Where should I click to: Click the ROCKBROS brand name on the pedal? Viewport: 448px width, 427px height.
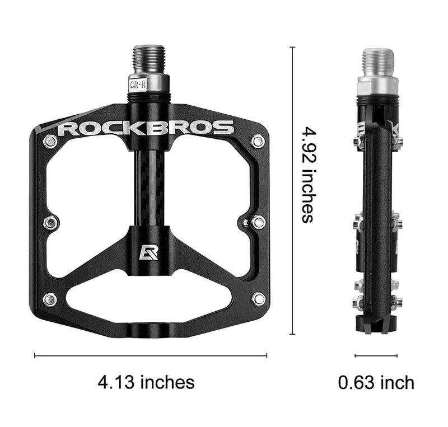click(x=146, y=128)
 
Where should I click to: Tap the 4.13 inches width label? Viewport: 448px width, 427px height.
click(x=146, y=382)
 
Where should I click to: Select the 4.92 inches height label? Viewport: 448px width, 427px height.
click(x=307, y=174)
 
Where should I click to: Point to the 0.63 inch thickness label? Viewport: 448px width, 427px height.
click(x=376, y=383)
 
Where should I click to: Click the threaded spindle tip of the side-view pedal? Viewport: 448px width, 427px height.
click(x=378, y=62)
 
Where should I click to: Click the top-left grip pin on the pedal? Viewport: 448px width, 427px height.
click(x=50, y=141)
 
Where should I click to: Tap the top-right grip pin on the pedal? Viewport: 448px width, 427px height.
click(x=258, y=141)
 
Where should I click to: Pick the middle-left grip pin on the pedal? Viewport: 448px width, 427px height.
click(x=50, y=222)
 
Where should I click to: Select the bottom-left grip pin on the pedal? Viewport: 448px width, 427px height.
click(x=50, y=299)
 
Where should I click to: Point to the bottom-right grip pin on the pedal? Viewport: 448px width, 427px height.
click(x=258, y=299)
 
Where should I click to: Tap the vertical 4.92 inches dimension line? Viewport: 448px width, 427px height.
click(x=292, y=190)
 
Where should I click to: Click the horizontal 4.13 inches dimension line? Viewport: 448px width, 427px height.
click(x=151, y=355)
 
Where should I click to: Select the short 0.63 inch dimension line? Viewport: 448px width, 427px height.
click(x=376, y=355)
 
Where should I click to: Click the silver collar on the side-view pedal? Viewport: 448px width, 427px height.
click(x=378, y=85)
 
